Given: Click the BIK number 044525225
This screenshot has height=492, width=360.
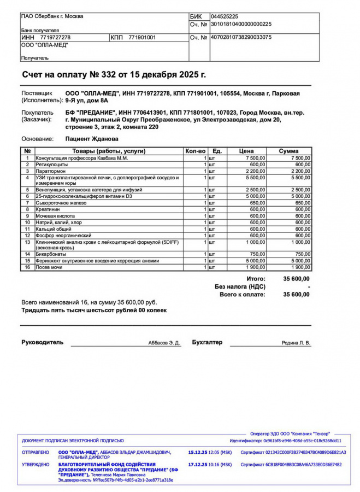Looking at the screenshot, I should coord(224,17).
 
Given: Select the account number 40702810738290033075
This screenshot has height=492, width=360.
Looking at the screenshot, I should coord(241,37).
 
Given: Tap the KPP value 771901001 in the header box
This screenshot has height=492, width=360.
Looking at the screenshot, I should coord(142,37).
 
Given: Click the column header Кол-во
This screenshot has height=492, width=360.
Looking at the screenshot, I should coord(196,151).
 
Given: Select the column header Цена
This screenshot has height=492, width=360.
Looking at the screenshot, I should coord(246,151).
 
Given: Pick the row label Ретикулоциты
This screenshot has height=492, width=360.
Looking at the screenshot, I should coord(52,164).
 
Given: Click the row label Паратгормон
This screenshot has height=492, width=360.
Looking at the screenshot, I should coord(51,171).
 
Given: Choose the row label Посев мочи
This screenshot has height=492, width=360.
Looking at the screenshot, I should coord(49,267).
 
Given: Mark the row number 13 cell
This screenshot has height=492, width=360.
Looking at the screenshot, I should coord(27,242).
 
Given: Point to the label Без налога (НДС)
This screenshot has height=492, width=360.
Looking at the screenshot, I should coord(240,286).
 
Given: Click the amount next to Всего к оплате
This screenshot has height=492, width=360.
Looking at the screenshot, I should coord(296,294).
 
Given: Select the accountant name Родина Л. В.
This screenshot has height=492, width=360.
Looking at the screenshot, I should coord(296,343).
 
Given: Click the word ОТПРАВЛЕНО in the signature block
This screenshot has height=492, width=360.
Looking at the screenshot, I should coord(36,453).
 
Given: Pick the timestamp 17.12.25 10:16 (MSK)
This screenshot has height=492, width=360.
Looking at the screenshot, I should coord(210,465).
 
